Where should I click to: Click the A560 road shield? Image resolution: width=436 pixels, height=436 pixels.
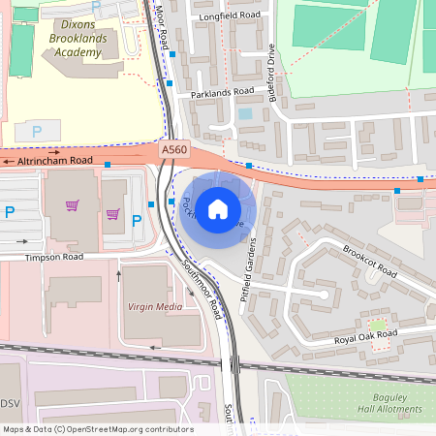coord(173,148)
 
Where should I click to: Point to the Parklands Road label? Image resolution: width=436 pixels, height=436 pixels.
coord(222,93)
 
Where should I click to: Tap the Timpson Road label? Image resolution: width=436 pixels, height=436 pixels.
coord(55,259)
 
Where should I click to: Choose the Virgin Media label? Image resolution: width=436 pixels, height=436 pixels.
coord(154,306)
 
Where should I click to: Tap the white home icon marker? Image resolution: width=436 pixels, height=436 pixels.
coord(218,208)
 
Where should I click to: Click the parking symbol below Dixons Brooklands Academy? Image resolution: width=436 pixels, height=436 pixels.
coord(37,131)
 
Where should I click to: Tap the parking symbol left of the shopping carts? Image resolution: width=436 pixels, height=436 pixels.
coord(10,212)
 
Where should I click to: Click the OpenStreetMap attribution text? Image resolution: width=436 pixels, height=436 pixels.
coord(97,429)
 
